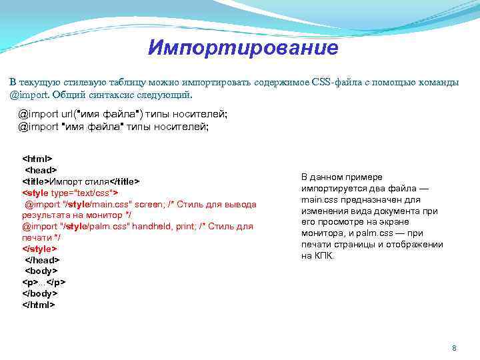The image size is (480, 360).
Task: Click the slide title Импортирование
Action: (243, 48)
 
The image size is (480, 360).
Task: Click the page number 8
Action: (454, 349)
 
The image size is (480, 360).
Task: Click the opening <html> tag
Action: (37, 159)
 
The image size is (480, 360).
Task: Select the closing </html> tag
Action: (39, 304)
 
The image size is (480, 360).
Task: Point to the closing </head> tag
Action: (42, 259)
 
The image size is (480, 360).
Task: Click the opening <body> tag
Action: (41, 271)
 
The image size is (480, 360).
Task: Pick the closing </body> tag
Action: (40, 293)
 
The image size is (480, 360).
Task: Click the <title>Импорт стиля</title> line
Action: (81, 181)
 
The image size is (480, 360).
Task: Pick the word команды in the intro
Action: (439, 82)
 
